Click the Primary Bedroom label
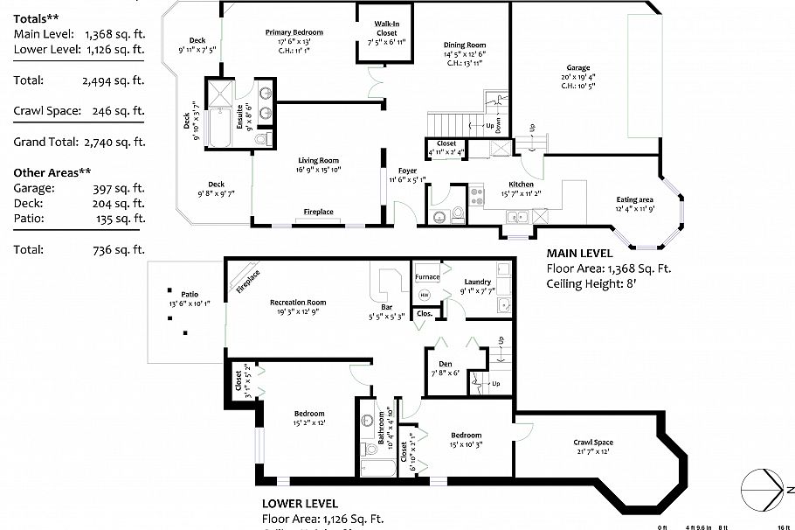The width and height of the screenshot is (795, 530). [x=289, y=32]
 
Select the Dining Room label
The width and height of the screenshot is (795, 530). [x=464, y=45]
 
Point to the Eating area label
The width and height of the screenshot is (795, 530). [x=635, y=199]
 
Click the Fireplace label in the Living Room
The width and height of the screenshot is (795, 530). [x=318, y=213]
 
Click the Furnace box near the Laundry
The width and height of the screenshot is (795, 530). [x=427, y=277]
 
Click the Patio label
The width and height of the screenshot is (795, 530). [x=190, y=295]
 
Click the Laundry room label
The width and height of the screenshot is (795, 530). [x=478, y=282]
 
